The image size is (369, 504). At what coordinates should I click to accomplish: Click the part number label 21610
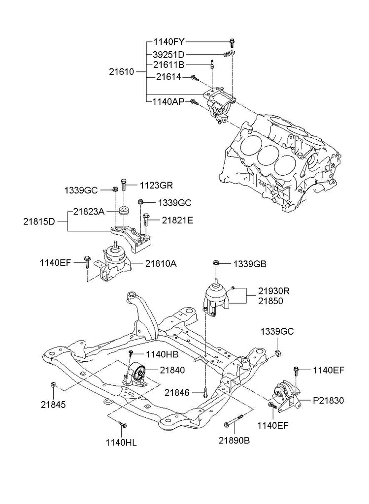121,71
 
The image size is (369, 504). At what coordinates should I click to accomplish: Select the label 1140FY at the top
169,42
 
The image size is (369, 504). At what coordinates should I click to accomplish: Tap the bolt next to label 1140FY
232,43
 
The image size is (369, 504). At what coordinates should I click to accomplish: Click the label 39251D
168,54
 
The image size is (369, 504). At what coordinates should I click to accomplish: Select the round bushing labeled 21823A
124,211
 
